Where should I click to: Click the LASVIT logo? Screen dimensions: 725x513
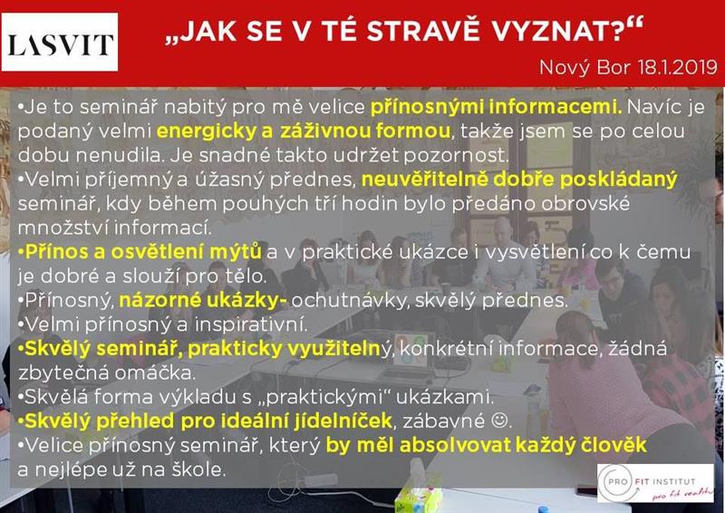coord(60,42)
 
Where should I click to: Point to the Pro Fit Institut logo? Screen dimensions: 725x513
coord(655,482)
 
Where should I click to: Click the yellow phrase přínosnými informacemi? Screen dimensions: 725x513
coord(496,107)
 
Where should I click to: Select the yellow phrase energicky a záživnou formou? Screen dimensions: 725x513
coord(304,131)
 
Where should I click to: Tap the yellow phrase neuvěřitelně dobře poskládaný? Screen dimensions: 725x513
coord(519,179)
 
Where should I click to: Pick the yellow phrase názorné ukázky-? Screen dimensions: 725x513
coord(202,300)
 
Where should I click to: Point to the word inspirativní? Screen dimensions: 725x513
coord(251,324)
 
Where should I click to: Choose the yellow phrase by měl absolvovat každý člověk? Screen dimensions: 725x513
coord(486,445)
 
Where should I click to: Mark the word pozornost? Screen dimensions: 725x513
coord(456,155)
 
